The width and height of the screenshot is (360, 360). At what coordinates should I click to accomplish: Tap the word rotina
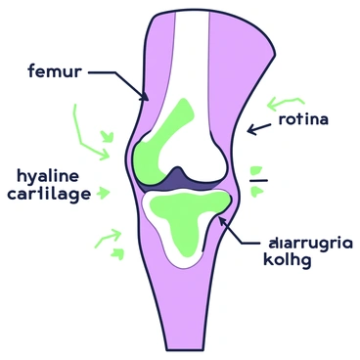(304, 120)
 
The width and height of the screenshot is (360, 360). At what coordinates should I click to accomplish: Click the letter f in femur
(33, 71)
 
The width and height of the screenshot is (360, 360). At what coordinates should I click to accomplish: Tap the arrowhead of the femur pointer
(146, 99)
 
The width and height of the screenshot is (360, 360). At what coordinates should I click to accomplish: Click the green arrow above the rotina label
(289, 100)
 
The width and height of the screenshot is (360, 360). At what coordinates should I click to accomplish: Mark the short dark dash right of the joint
(257, 181)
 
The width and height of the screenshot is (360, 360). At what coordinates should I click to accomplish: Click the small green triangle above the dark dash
(255, 167)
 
